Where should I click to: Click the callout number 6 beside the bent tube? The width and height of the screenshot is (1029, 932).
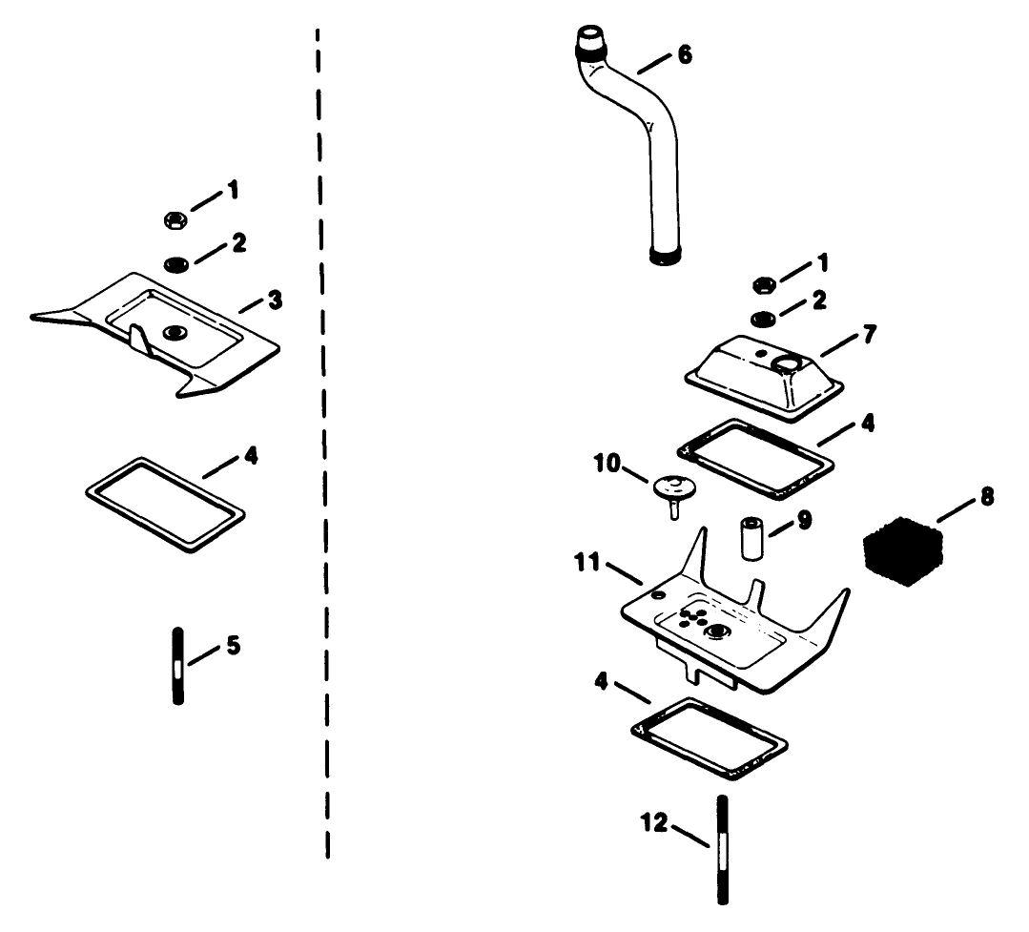[685, 54]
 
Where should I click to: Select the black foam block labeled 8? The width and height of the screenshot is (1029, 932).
[904, 550]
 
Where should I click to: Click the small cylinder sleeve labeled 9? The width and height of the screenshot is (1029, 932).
[752, 538]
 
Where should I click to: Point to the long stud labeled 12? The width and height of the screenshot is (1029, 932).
[723, 850]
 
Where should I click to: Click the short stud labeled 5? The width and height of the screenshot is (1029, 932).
[177, 666]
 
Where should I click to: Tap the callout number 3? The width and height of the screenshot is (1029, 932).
[275, 300]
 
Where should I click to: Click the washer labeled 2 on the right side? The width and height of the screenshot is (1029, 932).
[763, 320]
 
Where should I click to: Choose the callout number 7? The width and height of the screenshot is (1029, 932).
[869, 334]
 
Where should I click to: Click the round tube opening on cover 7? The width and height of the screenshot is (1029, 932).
[786, 361]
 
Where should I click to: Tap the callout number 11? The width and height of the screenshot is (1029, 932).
[587, 563]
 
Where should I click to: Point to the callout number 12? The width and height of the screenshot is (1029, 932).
[653, 822]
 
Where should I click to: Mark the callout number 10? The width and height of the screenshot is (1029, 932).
[607, 464]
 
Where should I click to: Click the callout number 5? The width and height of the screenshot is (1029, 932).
[234, 646]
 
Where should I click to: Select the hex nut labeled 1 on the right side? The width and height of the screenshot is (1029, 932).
[763, 285]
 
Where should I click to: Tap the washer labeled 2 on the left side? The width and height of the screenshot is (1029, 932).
[175, 264]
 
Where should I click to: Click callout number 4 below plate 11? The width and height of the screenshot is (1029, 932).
[601, 681]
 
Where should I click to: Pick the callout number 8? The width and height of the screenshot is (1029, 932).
[987, 497]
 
